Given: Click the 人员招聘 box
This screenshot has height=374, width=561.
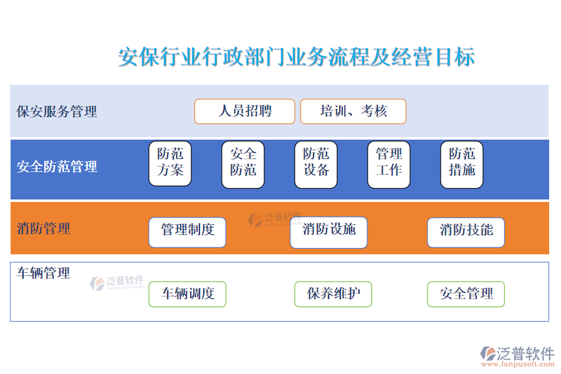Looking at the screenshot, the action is [x=245, y=112].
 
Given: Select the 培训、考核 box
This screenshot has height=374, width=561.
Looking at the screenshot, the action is [x=353, y=112].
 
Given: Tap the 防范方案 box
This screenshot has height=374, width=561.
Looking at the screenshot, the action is [x=170, y=163].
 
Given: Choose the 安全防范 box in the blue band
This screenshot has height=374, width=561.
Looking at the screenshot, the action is [x=243, y=165].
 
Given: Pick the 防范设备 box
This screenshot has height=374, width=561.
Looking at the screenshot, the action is [x=316, y=165].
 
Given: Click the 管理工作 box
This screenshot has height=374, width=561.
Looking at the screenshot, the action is [x=389, y=165].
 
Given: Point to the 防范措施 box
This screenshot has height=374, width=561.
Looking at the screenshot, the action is [x=462, y=165].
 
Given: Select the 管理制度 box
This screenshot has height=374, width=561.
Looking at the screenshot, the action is [x=188, y=233].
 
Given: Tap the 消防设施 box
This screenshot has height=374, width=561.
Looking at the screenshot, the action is [x=328, y=233].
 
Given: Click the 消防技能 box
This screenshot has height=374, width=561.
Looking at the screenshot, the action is [x=466, y=233].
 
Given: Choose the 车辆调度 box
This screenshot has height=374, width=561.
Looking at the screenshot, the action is [x=188, y=294].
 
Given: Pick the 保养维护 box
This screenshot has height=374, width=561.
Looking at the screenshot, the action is [x=333, y=294].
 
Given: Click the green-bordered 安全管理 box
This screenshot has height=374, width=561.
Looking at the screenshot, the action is [x=466, y=294].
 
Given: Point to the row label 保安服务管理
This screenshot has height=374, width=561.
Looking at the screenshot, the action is [x=57, y=112].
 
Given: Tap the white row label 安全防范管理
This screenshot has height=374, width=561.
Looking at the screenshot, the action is [x=57, y=167].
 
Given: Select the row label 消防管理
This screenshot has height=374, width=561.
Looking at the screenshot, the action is [x=43, y=229].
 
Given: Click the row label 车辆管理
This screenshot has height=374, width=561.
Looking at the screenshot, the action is [x=43, y=274].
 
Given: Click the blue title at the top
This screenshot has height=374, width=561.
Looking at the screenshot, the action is [x=297, y=57].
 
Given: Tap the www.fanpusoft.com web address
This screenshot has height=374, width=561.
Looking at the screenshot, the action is [x=518, y=364].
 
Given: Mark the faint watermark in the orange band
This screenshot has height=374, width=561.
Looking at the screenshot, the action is [x=275, y=219].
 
